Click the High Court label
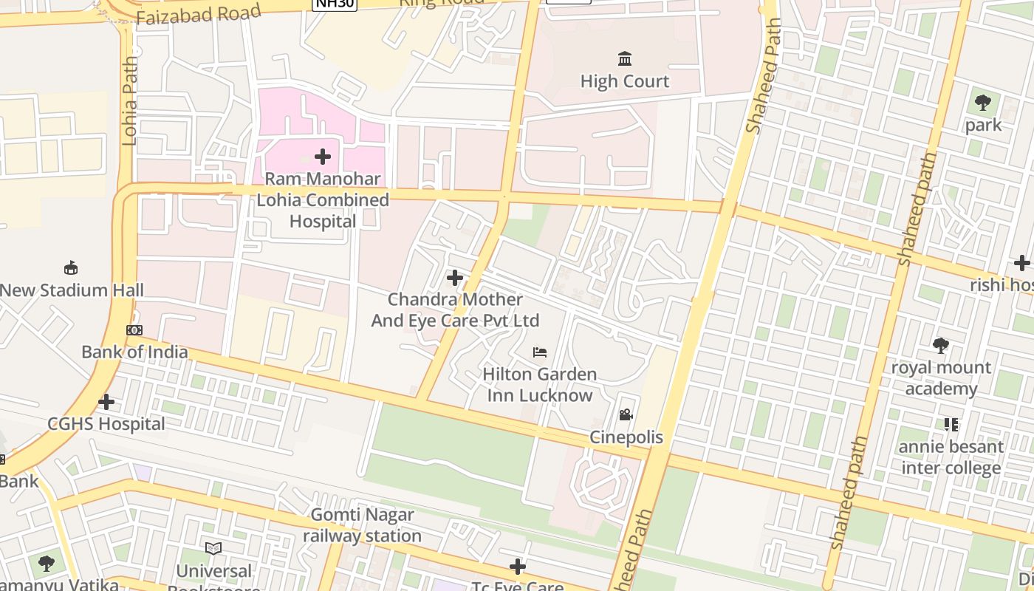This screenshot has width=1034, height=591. tap(624, 81)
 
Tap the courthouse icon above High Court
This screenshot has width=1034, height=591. tap(625, 58)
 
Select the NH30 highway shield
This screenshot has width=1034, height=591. tap(335, 4)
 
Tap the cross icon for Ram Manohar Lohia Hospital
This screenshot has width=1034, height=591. tap(323, 157)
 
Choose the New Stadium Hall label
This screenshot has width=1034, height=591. tap(72, 290)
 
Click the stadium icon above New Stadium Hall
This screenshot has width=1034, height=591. tap(71, 267)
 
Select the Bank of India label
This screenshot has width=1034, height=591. tap(134, 352)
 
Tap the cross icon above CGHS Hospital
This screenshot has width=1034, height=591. tap(106, 402)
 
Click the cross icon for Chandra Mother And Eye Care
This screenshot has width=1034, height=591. tap(455, 278)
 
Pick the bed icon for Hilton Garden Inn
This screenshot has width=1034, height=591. tap(540, 352)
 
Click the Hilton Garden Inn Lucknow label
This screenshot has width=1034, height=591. tap(540, 385)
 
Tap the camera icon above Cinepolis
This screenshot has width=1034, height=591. tap(626, 415)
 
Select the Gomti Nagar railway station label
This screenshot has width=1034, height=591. tap(362, 525)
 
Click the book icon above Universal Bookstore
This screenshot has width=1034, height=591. tap(213, 549)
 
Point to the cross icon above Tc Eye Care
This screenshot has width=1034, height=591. tap(518, 567)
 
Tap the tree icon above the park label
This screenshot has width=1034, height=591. tap(983, 103)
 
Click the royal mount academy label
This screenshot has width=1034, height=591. tap(941, 378)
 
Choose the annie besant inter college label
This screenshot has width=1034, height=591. tap(951, 457)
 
